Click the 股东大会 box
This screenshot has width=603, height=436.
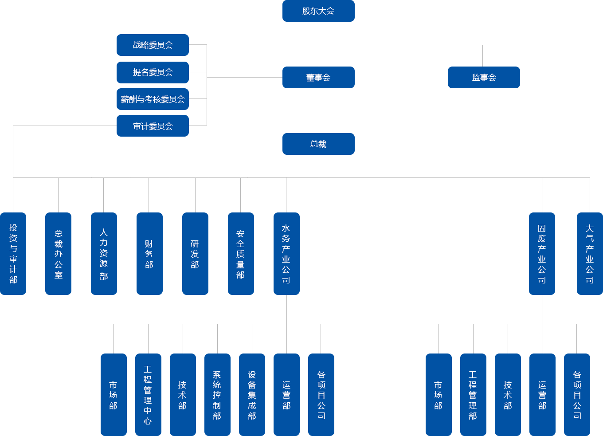[318, 11]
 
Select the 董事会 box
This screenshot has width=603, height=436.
[318, 77]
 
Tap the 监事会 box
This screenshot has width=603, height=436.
[483, 77]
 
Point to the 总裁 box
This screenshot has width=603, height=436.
[318, 144]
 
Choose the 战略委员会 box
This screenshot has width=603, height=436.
[153, 45]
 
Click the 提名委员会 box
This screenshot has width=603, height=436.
[153, 72]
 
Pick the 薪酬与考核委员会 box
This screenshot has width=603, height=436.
[153, 99]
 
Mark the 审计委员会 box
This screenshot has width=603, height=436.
[153, 126]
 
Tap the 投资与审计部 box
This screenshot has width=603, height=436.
[13, 253]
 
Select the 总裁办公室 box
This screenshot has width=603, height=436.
[58, 253]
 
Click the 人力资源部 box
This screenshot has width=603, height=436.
[104, 253]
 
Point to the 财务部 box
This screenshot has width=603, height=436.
[149, 253]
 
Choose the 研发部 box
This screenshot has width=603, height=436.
[195, 253]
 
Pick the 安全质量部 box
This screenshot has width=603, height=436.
[241, 253]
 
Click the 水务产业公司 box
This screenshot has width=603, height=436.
[286, 253]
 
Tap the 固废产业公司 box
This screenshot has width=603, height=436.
[542, 253]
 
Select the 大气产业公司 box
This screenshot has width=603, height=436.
[589, 253]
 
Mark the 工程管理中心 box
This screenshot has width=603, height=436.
[148, 394]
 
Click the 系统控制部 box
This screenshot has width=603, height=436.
[217, 394]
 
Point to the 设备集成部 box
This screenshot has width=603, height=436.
[252, 394]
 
